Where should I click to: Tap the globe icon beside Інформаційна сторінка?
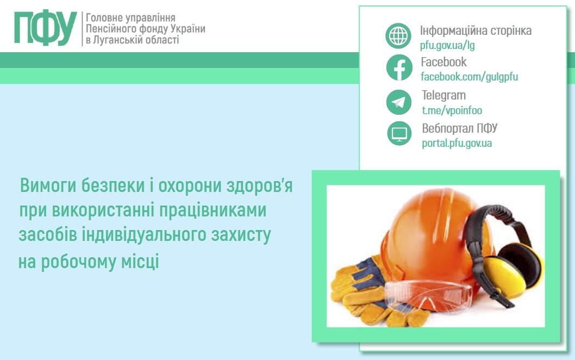click(x=399, y=36)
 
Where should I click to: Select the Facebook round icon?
click(x=399, y=68)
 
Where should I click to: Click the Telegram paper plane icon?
click(x=399, y=102)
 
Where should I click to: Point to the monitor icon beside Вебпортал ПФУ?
click(x=399, y=134)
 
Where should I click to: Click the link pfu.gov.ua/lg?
click(x=447, y=45)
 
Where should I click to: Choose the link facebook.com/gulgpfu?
click(x=469, y=77)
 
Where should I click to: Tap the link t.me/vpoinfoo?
click(x=452, y=110)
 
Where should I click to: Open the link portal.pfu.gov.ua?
click(x=457, y=144)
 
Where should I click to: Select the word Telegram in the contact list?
click(x=443, y=96)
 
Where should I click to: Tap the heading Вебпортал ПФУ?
click(x=459, y=129)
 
